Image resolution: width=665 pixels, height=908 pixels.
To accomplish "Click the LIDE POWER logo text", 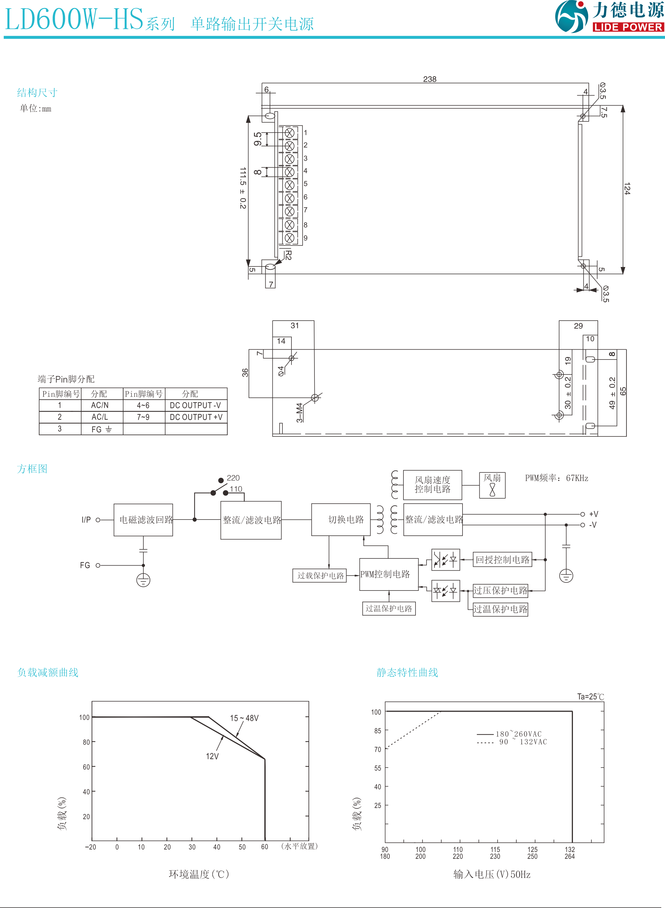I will pos(628,27).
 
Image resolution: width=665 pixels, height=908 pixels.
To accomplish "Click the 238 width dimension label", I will pos(430,79).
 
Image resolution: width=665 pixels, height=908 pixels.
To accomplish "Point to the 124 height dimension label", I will pos(627,189).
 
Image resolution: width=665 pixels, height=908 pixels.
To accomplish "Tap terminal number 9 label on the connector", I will pos(305,238).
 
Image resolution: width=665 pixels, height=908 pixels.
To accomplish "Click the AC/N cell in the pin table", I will pos(100,405).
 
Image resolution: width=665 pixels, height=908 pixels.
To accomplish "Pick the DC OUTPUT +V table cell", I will pos(196,417).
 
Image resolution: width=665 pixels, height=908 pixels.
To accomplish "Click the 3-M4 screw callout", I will pos(300,412).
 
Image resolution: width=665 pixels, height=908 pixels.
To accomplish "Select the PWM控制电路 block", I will pos(385,574).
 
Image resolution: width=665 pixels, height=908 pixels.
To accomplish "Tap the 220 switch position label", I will pos(233,478).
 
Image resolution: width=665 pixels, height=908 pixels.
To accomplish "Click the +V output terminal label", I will pos(593,514).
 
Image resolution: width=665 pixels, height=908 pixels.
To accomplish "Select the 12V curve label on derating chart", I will pos(212,756).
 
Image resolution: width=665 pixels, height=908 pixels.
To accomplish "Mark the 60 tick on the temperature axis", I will pos(264,847).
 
